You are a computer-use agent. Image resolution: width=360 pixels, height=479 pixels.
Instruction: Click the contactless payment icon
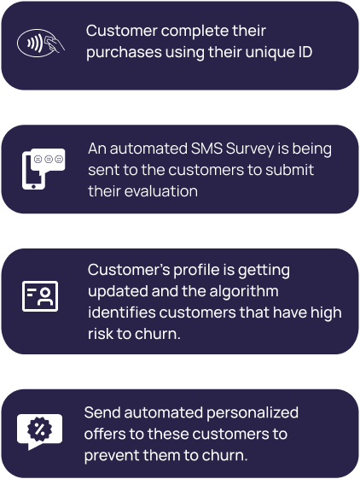(x=41, y=43)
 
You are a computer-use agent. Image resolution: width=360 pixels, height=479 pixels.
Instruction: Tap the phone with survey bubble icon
(x=44, y=169)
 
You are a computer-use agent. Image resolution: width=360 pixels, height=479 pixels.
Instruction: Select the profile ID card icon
(x=40, y=296)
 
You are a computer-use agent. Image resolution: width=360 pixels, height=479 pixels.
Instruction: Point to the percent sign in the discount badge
(x=39, y=429)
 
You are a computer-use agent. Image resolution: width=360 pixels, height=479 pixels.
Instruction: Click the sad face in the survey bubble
(x=38, y=159)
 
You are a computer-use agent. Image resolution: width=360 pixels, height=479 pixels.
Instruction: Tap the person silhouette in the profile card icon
(x=45, y=297)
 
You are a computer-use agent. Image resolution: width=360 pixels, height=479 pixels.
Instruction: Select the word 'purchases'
(x=124, y=53)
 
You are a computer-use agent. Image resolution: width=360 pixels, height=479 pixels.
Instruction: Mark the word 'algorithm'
(x=244, y=292)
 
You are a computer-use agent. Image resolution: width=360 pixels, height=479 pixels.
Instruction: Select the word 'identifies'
(x=122, y=313)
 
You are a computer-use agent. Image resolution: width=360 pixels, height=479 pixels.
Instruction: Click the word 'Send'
(x=102, y=412)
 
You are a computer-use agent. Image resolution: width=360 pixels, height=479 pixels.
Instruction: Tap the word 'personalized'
(x=253, y=413)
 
